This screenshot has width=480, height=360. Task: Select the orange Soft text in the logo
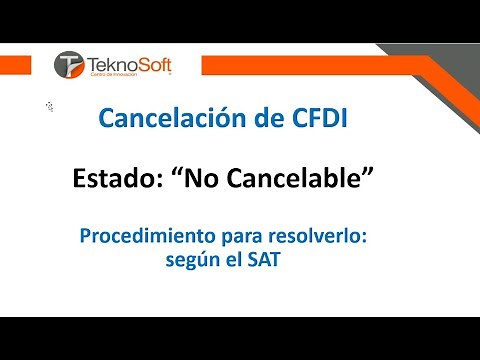151,62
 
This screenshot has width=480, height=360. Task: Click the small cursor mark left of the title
49,105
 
